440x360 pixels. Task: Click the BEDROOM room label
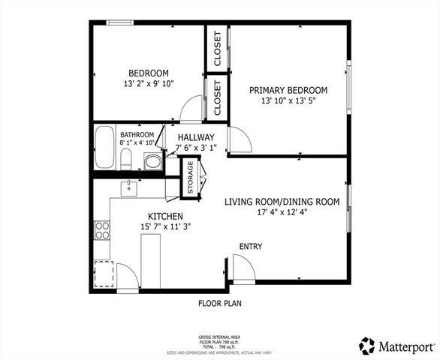tap(148, 73)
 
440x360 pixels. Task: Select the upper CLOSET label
tap(217, 49)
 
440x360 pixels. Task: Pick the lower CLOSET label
tap(217, 98)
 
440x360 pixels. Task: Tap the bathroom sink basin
tap(152, 160)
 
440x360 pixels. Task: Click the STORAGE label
tap(190, 178)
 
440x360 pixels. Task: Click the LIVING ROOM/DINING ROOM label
tap(282, 202)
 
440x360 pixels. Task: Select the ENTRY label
tap(251, 247)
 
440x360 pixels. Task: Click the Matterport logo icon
tap(367, 345)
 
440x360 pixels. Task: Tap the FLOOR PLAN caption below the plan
tap(220, 304)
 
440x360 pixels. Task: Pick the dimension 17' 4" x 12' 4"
tap(282, 212)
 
